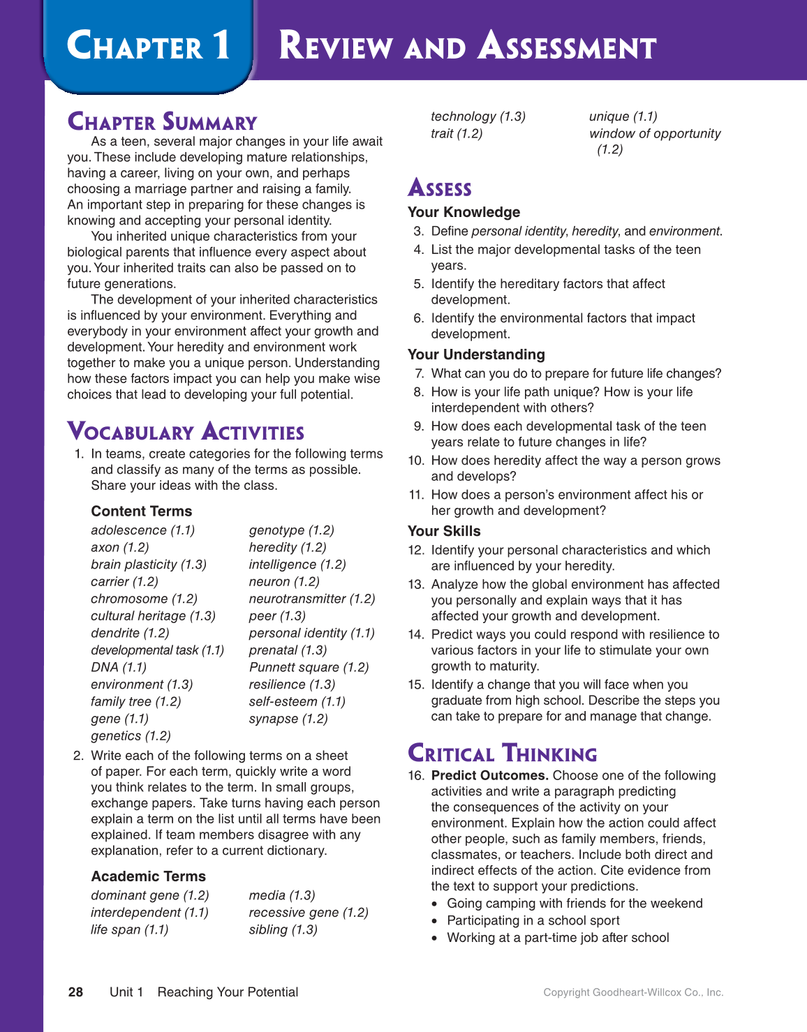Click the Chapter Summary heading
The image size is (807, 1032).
pyautogui.click(x=162, y=122)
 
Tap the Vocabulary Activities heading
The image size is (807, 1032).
pyautogui.click(x=186, y=432)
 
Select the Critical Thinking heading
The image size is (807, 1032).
pyautogui.click(x=502, y=754)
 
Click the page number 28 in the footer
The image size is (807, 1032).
pyautogui.click(x=75, y=992)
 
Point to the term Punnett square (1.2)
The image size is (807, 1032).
pyautogui.click(x=309, y=667)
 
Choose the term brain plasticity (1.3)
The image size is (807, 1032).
pyautogui.click(x=149, y=564)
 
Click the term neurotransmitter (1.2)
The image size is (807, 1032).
pyautogui.click(x=311, y=599)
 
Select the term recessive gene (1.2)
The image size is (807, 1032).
pyautogui.click(x=309, y=913)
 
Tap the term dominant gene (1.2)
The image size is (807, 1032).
pyautogui.click(x=150, y=895)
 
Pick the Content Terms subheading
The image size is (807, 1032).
pyautogui.click(x=141, y=511)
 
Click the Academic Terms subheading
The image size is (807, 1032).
pyautogui.click(x=148, y=876)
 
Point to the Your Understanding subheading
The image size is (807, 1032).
pyautogui.click(x=476, y=354)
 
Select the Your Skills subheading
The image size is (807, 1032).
pyautogui.click(x=444, y=531)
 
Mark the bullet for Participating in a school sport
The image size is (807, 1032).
pyautogui.click(x=434, y=921)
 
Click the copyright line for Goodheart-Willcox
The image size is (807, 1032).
pyautogui.click(x=633, y=992)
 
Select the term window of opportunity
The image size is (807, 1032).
pyautogui.click(x=655, y=134)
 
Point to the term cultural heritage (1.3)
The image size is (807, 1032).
pyautogui.click(x=153, y=616)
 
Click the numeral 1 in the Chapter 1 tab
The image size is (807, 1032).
pyautogui.click(x=221, y=46)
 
